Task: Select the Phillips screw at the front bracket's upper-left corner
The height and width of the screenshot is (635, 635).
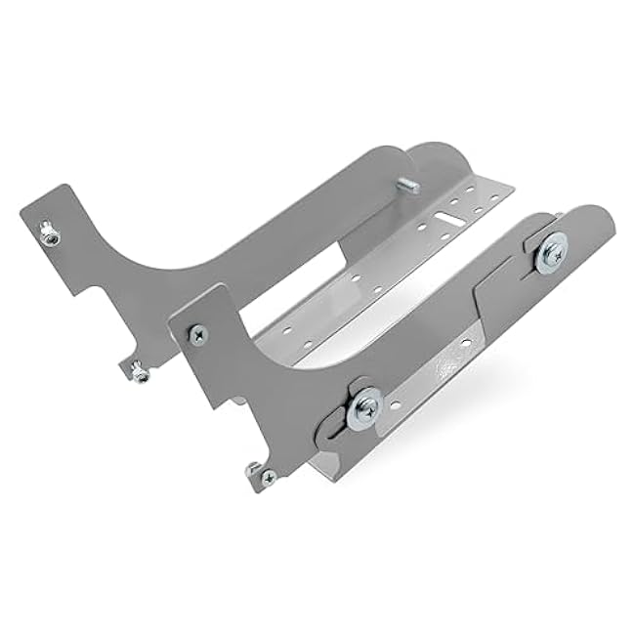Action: (198, 333)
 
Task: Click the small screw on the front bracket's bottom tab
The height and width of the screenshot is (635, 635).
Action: (266, 476)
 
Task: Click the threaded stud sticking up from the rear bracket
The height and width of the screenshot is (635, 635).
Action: (407, 185)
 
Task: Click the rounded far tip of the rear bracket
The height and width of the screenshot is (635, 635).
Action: (444, 156)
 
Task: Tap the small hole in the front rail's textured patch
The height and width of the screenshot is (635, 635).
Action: (465, 343)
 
